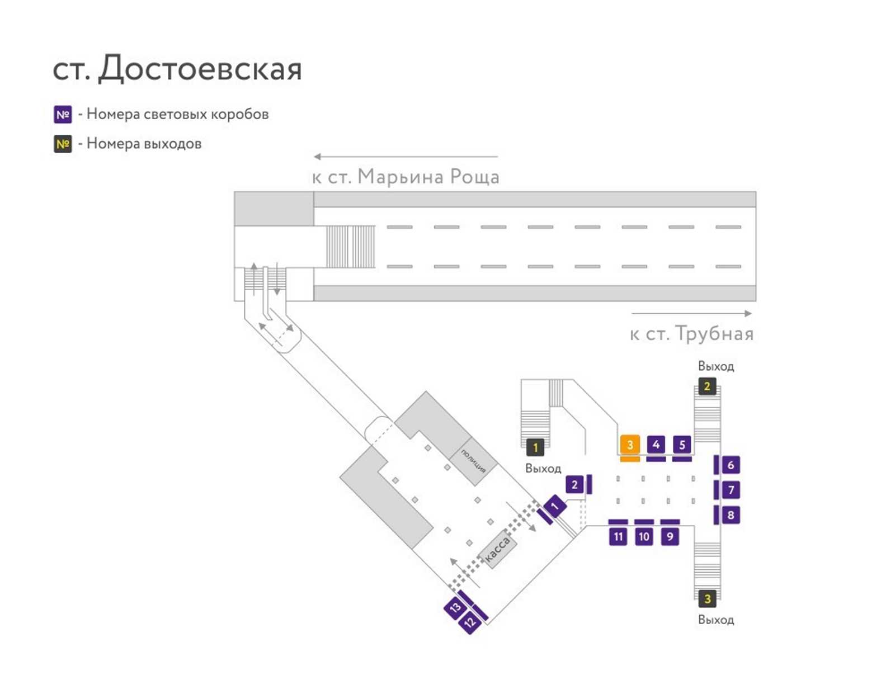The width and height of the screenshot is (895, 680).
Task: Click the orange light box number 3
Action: [x=629, y=444]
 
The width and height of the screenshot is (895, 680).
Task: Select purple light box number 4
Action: [x=656, y=444]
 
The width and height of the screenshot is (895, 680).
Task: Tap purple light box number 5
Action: [x=682, y=444]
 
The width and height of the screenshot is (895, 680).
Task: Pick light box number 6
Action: [x=731, y=465]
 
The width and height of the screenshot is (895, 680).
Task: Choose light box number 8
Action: [x=731, y=515]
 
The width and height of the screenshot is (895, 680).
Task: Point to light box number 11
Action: [x=618, y=536]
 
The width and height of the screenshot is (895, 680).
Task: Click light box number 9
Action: [x=670, y=536]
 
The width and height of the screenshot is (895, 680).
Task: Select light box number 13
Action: [x=455, y=607]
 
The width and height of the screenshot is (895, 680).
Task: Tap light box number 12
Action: [x=470, y=622]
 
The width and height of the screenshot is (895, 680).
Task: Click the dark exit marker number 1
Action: [x=535, y=447]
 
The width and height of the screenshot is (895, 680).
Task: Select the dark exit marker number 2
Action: [x=707, y=386]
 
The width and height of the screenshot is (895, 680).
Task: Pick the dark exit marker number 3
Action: [x=707, y=598]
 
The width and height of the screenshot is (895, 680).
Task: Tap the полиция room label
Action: [x=473, y=461]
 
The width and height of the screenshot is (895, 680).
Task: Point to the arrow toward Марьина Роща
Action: [x=406, y=157]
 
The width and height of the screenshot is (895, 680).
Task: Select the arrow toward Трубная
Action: [x=691, y=313]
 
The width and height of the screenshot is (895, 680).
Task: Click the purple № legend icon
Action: [x=63, y=115]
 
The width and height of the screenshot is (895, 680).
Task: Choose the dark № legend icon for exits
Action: [x=63, y=144]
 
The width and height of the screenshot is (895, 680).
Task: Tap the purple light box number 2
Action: [x=574, y=485]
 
